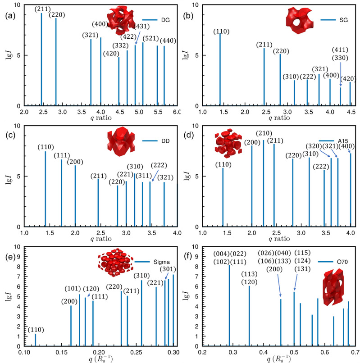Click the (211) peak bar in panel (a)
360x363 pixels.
[x=41, y=59]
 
